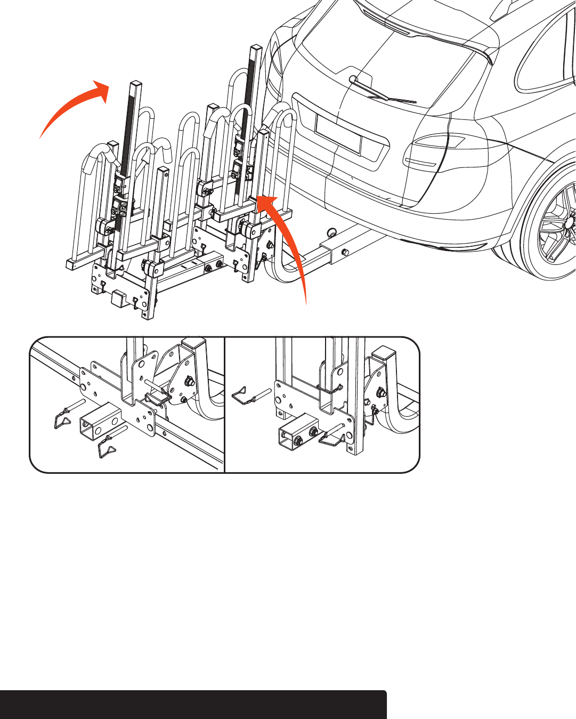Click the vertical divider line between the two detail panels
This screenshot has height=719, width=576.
tap(225, 405)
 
